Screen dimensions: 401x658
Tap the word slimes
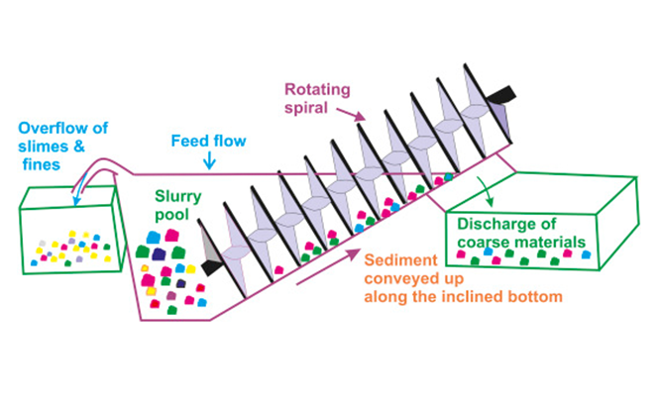coord(40,146)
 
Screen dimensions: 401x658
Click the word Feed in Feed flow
coord(189,140)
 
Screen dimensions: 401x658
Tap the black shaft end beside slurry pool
coord(209,264)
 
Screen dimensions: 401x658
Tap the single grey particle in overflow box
coord(41,243)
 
